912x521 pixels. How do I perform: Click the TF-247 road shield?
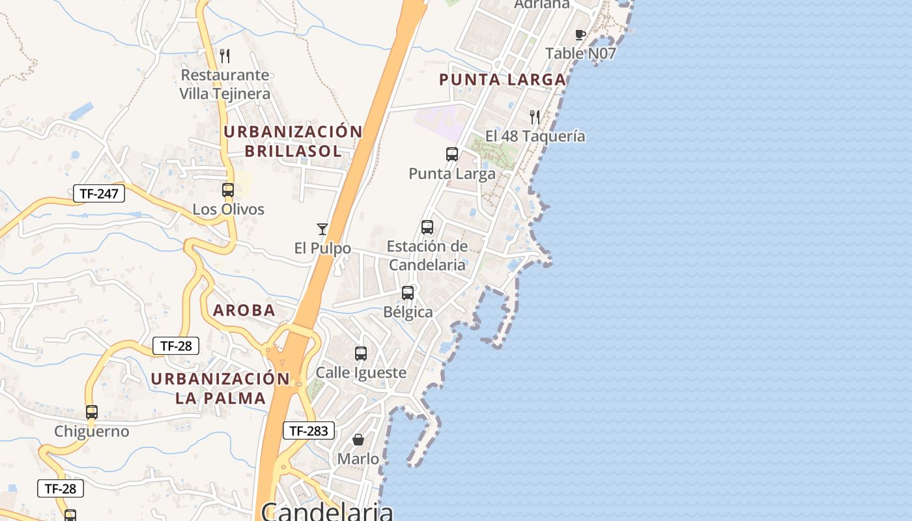98,193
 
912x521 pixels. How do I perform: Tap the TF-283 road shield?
309,430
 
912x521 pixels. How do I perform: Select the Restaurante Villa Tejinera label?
225,85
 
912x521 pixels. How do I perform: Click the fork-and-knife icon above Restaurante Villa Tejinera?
225,55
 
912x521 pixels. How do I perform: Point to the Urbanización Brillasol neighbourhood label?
292,141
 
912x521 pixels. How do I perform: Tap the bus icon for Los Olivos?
228,190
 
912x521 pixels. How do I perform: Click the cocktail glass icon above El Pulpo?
322,229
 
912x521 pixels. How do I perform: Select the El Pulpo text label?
322,248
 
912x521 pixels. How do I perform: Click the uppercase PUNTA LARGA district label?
502,80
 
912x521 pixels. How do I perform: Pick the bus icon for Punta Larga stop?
452,154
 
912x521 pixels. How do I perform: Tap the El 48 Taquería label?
535,136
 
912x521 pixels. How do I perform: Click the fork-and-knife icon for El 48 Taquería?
535,117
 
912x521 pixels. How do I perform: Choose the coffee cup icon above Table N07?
580,35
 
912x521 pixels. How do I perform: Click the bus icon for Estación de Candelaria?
427,227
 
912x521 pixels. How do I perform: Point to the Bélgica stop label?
408,312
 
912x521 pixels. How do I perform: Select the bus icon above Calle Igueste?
361,354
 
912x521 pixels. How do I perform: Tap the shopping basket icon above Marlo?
358,440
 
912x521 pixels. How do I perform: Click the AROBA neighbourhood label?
244,311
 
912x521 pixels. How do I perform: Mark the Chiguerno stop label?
92,431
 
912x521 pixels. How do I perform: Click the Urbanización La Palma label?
220,388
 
